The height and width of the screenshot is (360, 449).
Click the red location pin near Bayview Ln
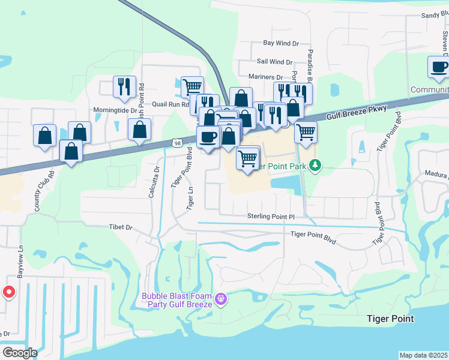coord(9,292)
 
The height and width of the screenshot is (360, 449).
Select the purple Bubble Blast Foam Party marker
coord(221,298)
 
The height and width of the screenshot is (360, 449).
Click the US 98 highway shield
coord(176,143)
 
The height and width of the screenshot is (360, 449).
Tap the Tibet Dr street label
coord(121,227)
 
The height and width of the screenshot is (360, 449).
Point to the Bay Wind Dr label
coord(281,43)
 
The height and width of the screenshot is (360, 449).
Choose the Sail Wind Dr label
coord(274,62)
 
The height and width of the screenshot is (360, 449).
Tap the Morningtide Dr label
coord(115,110)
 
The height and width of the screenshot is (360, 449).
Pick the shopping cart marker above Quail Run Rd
coord(192,86)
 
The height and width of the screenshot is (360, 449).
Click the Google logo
coord(20,353)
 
